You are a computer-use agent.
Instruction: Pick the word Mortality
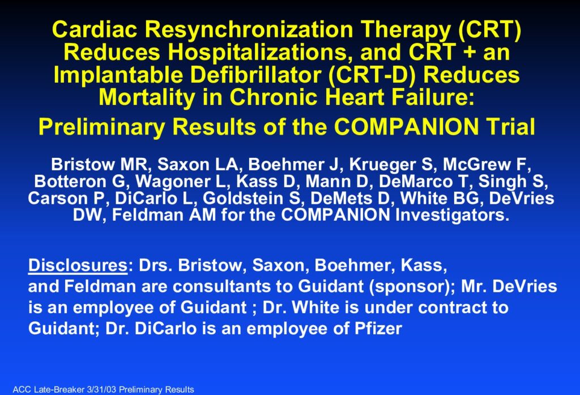tap(147, 98)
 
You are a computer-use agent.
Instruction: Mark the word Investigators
tap(452, 215)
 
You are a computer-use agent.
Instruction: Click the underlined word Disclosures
tap(78, 265)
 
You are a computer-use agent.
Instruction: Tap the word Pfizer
tap(378, 329)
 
